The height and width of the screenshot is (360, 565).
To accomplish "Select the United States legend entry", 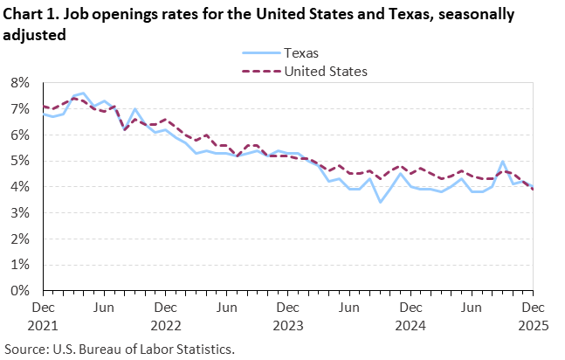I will pyautogui.click(x=325, y=71).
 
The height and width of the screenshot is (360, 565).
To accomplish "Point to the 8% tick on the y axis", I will pyautogui.click(x=22, y=83).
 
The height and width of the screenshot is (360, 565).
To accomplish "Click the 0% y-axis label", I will pyautogui.click(x=22, y=290).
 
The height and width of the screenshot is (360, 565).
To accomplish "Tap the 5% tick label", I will pyautogui.click(x=22, y=161).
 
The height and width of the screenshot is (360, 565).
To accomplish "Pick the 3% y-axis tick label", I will pyautogui.click(x=22, y=212).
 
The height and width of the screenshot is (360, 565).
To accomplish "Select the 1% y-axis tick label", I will pyautogui.click(x=22, y=264).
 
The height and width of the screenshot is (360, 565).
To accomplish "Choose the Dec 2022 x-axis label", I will pyautogui.click(x=165, y=315).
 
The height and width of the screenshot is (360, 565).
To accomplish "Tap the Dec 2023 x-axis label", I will pyautogui.click(x=287, y=315).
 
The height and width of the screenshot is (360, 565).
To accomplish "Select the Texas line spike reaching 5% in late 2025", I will pyautogui.click(x=503, y=162).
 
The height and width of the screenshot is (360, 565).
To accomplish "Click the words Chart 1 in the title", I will pyautogui.click(x=31, y=15).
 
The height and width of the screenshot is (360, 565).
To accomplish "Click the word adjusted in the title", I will pyautogui.click(x=32, y=34).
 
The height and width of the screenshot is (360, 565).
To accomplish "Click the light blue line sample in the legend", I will pyautogui.click(x=257, y=52).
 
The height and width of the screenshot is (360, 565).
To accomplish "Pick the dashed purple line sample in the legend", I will pyautogui.click(x=257, y=71).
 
